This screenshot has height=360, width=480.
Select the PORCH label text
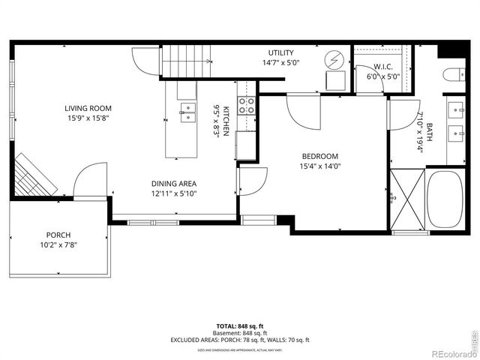tap(58, 235)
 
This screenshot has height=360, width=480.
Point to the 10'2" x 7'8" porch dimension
tap(58, 244)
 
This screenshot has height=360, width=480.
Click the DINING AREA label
tap(174, 184)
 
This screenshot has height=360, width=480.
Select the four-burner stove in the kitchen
tap(246, 106)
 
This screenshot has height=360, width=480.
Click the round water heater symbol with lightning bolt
tap(334, 59)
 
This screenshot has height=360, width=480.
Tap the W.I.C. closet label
tap(382, 65)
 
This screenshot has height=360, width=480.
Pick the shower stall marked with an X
tap(406, 199)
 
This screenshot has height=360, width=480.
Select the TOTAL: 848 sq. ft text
tap(241, 325)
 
